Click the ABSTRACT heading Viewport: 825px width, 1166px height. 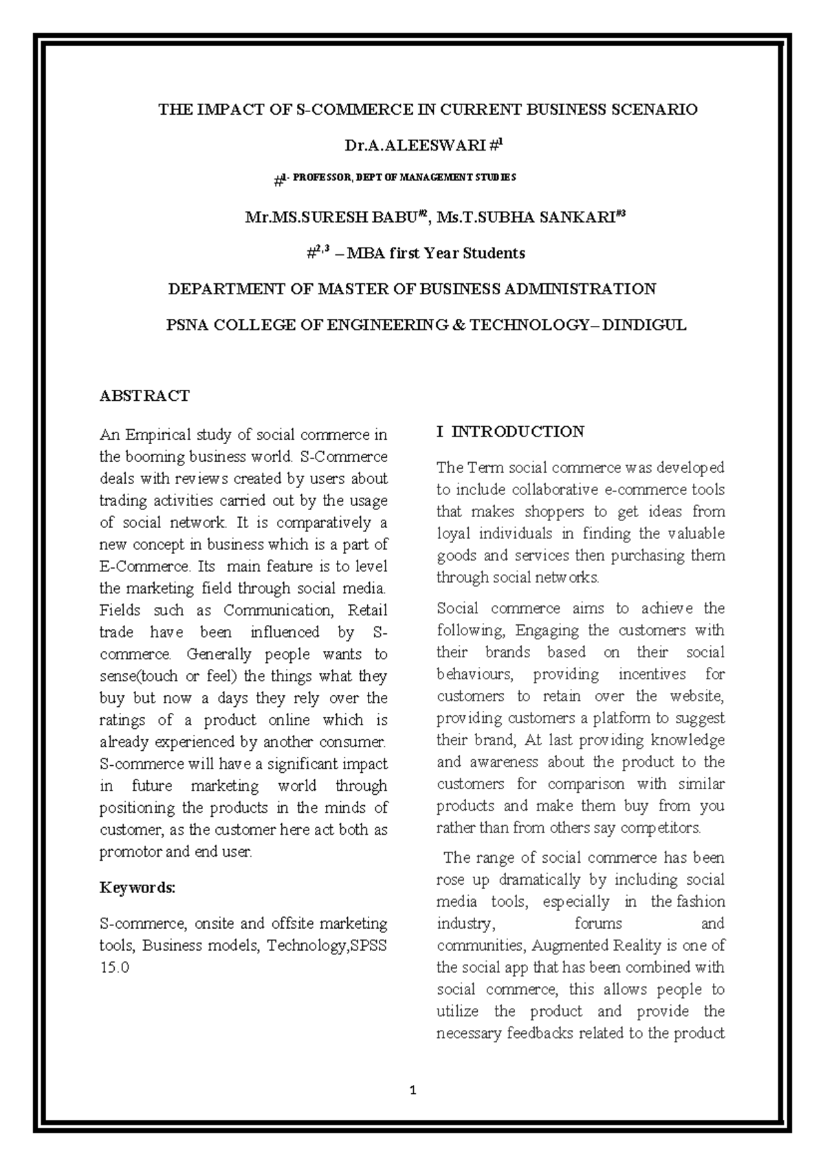pyautogui.click(x=144, y=396)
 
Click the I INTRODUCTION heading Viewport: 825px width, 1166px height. pyautogui.click(x=510, y=432)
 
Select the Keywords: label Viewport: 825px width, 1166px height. pyautogui.click(x=137, y=888)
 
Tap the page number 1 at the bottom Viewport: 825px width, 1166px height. pyautogui.click(x=412, y=1090)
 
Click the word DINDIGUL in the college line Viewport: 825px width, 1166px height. pyautogui.click(x=644, y=325)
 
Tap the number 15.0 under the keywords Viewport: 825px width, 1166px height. pyautogui.click(x=114, y=967)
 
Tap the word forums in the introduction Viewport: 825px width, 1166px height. pyautogui.click(x=598, y=923)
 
